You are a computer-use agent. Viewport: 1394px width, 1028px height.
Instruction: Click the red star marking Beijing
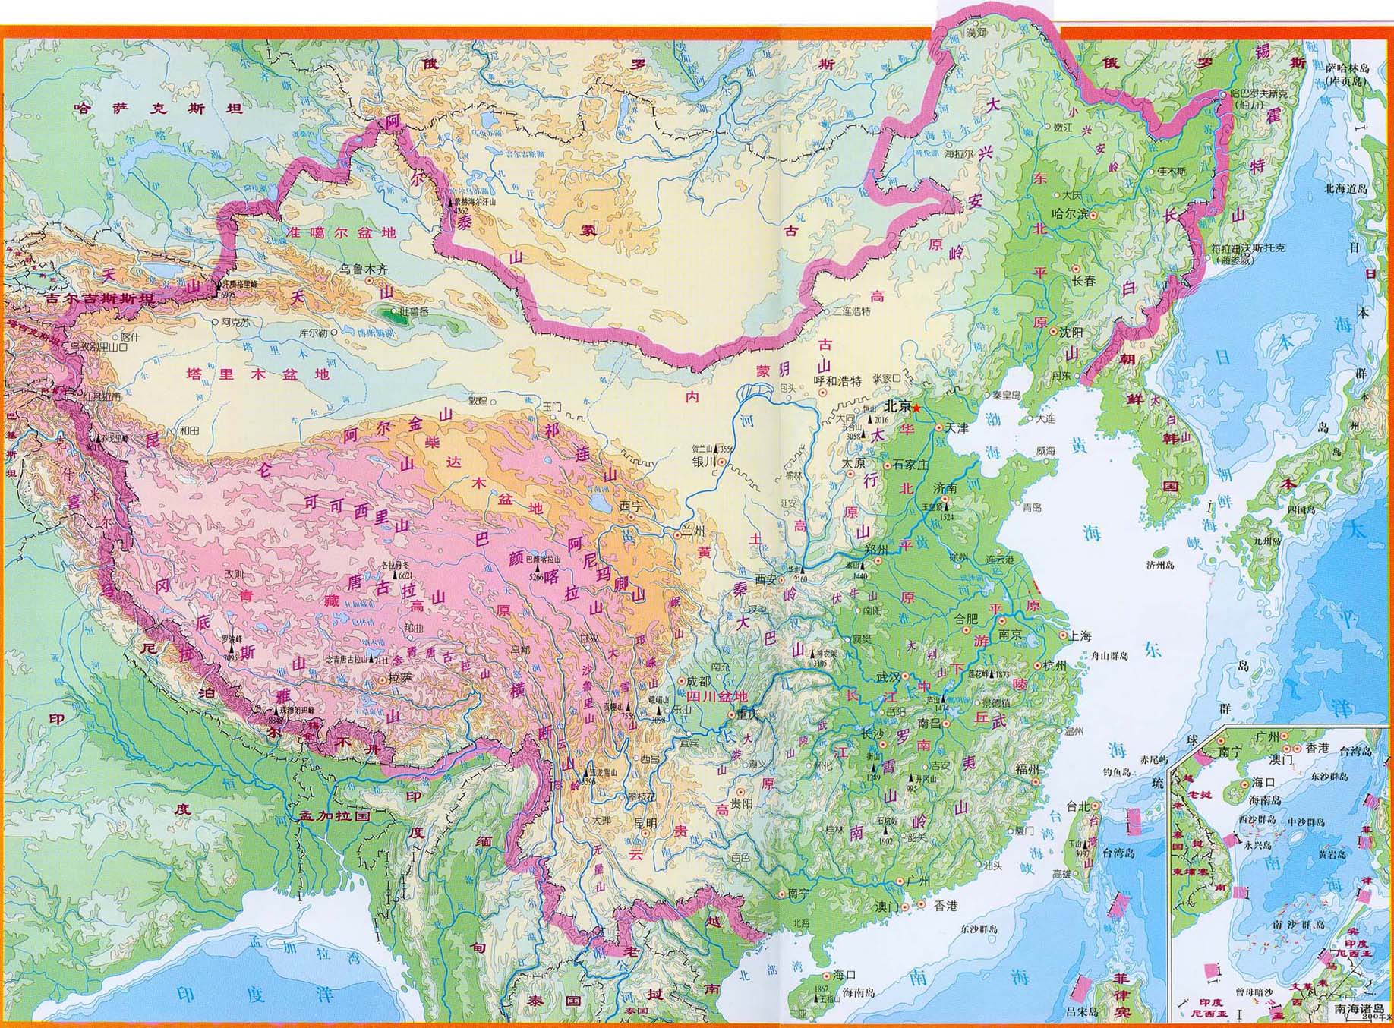pyautogui.click(x=916, y=408)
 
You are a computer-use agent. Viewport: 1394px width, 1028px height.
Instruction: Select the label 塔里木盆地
pyautogui.click(x=258, y=374)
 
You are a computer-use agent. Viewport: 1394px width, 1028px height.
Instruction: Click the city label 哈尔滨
pyautogui.click(x=1069, y=215)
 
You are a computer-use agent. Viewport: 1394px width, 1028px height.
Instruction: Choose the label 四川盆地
pyautogui.click(x=717, y=696)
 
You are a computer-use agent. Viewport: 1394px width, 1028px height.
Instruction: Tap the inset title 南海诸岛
pyautogui.click(x=1359, y=1010)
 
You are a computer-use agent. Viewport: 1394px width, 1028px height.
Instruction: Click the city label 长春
pyautogui.click(x=1083, y=281)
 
